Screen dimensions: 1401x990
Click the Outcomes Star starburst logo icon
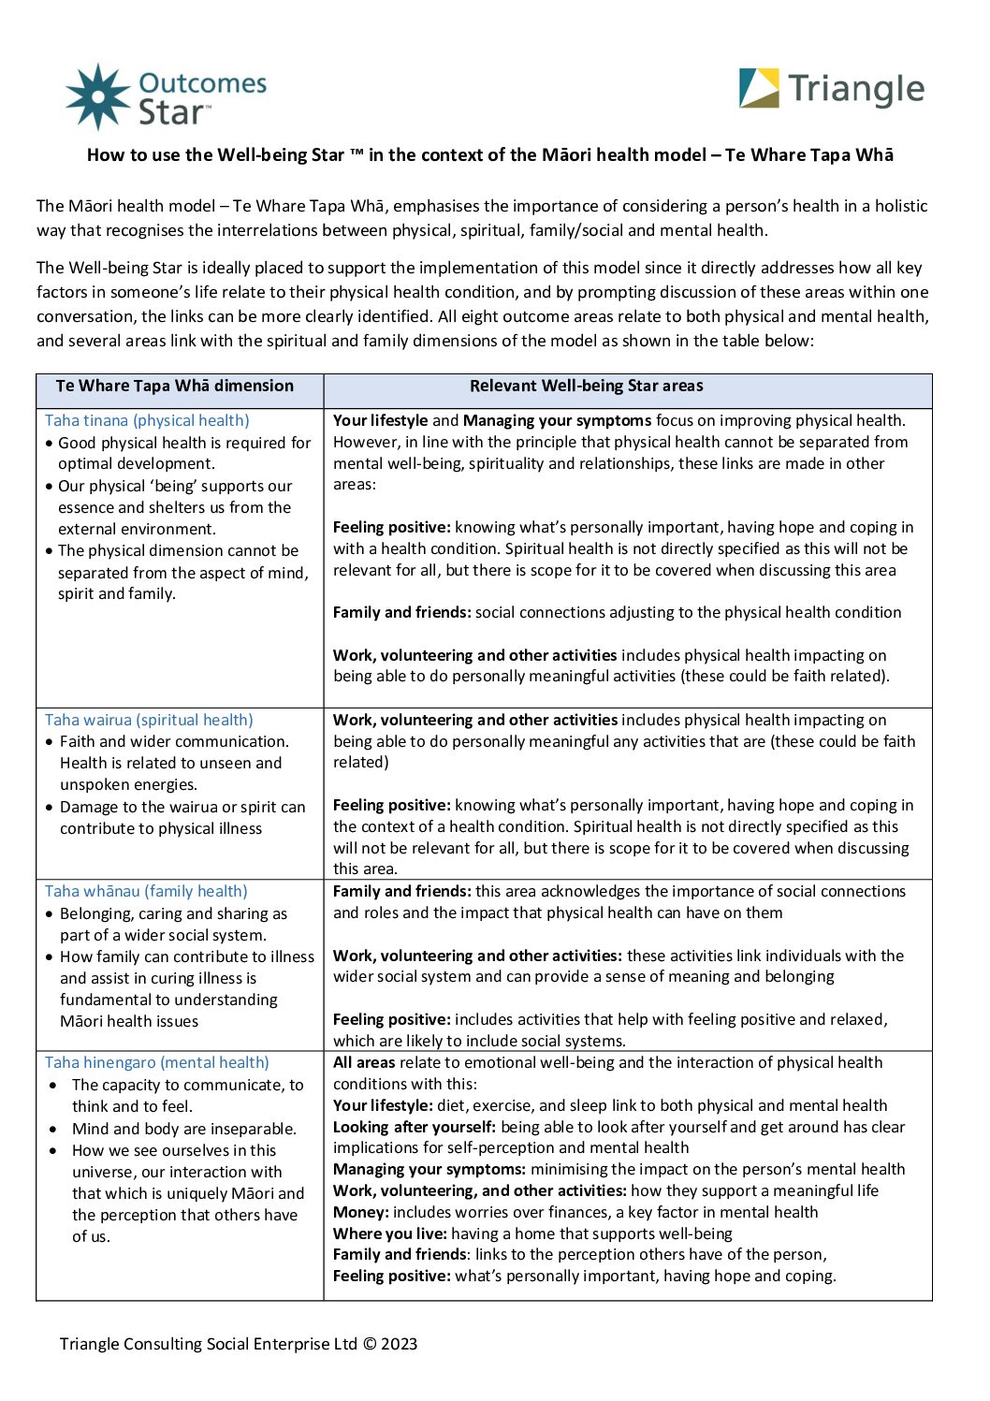97,96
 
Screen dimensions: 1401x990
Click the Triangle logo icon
759,88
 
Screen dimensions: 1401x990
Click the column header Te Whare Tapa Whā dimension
175,386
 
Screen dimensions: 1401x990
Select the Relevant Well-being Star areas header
586,386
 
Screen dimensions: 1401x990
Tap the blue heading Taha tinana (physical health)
147,421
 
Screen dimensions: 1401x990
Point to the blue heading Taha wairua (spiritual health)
149,720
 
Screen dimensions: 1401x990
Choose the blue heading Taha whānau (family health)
146,891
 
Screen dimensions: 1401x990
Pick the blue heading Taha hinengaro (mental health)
156,1062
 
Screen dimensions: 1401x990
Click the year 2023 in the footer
399,1344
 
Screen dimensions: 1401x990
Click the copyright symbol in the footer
369,1344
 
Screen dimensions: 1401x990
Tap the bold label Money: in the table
361,1212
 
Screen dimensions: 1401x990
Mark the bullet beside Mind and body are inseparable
53,1130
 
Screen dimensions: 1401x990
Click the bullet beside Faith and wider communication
50,742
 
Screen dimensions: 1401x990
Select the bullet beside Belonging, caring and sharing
50,914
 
